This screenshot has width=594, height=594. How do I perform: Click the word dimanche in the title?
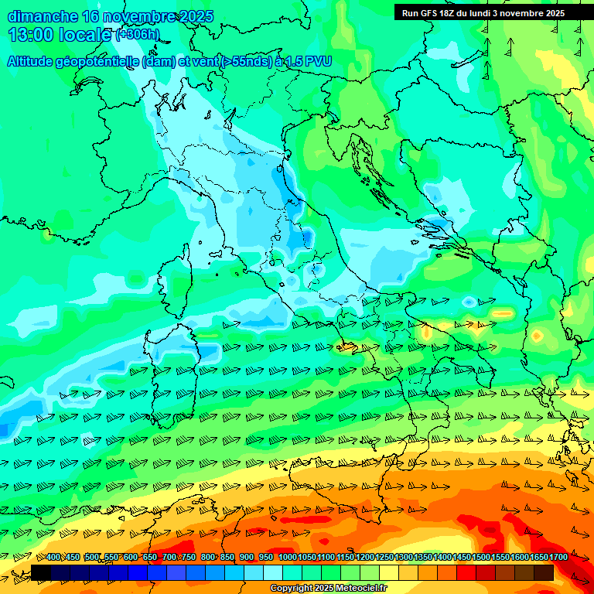point(42,16)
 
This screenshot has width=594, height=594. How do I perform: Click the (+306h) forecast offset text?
point(138,35)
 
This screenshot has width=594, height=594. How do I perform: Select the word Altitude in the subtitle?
point(31,61)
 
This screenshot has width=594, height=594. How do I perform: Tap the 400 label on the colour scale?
point(53,558)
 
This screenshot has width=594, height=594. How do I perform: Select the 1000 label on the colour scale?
point(288,558)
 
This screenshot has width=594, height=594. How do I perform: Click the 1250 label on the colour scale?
point(384,558)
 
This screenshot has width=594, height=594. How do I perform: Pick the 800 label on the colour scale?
point(208,558)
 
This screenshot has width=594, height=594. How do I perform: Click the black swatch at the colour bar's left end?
point(41,572)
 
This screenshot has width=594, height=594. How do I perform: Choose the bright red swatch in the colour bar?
point(466,572)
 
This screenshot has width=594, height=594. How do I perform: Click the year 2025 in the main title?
point(196,16)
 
